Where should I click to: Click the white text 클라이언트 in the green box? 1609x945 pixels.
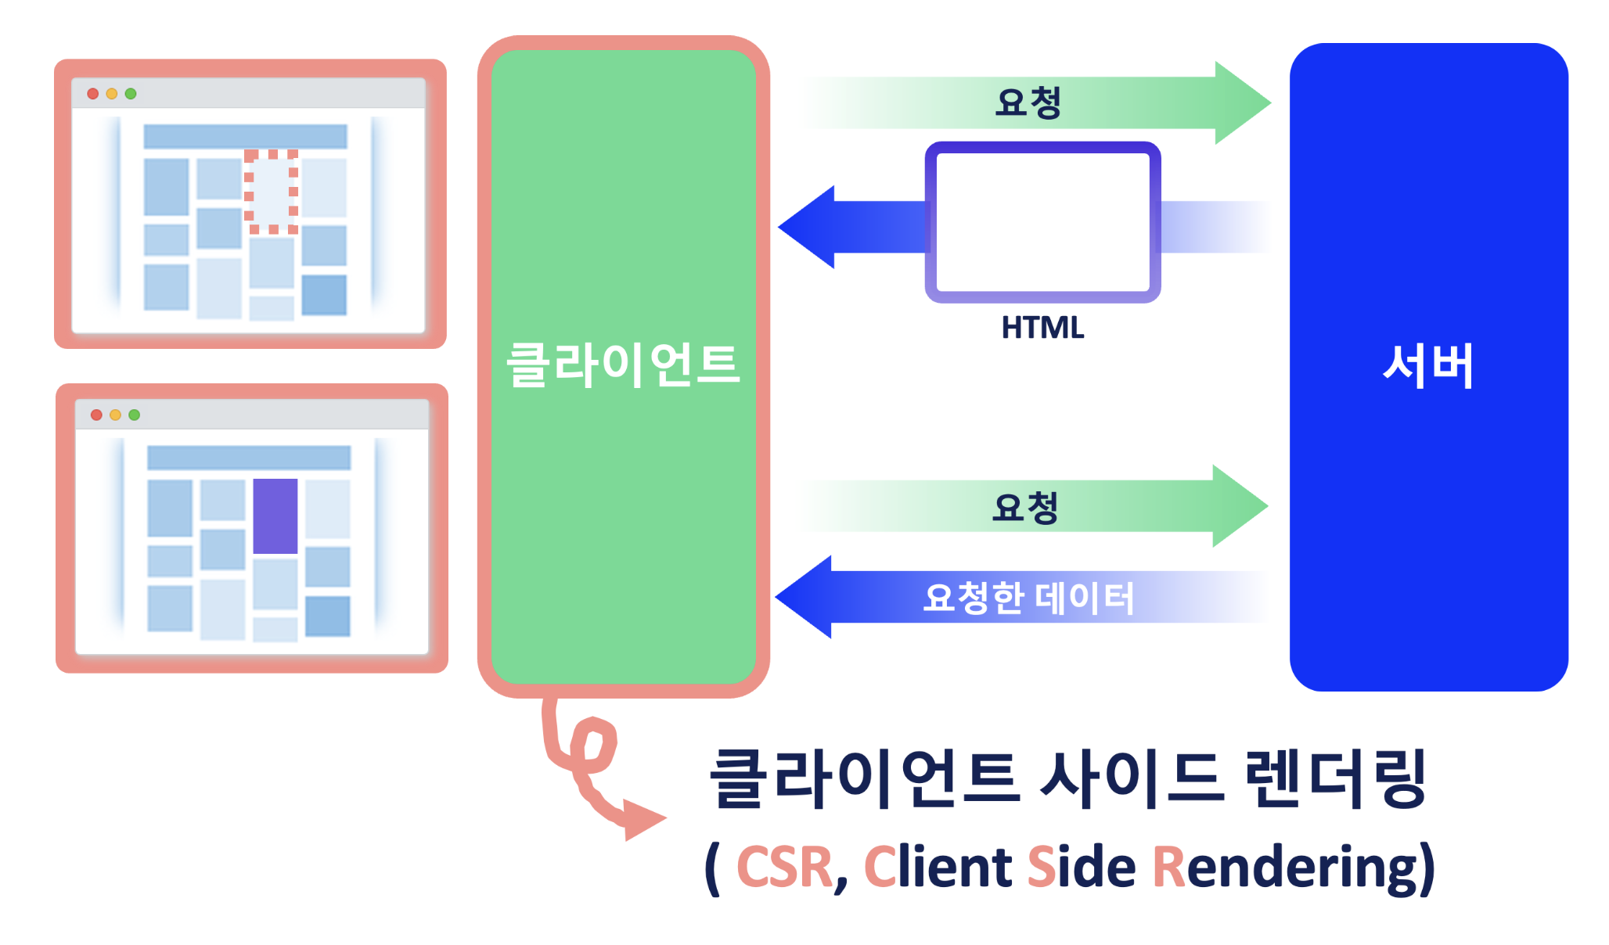click(623, 365)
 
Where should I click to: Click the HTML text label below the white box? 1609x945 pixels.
click(1042, 328)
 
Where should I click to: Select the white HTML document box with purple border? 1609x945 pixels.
click(1042, 222)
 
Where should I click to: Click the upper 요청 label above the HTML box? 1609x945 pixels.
click(1028, 102)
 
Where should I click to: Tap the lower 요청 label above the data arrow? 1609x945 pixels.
click(1025, 507)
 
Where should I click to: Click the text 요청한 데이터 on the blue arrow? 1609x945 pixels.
click(1028, 598)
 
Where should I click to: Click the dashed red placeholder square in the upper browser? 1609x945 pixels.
click(272, 192)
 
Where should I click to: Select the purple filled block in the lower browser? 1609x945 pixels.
click(275, 516)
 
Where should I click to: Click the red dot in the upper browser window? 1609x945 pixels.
click(93, 94)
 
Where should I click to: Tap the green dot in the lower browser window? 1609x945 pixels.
click(135, 415)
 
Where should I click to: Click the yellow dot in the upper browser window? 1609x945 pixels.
click(112, 94)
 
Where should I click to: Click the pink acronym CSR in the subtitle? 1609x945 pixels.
click(784, 868)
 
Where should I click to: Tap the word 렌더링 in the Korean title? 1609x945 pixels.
click(1335, 779)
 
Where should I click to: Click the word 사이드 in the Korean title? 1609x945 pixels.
click(1131, 779)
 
